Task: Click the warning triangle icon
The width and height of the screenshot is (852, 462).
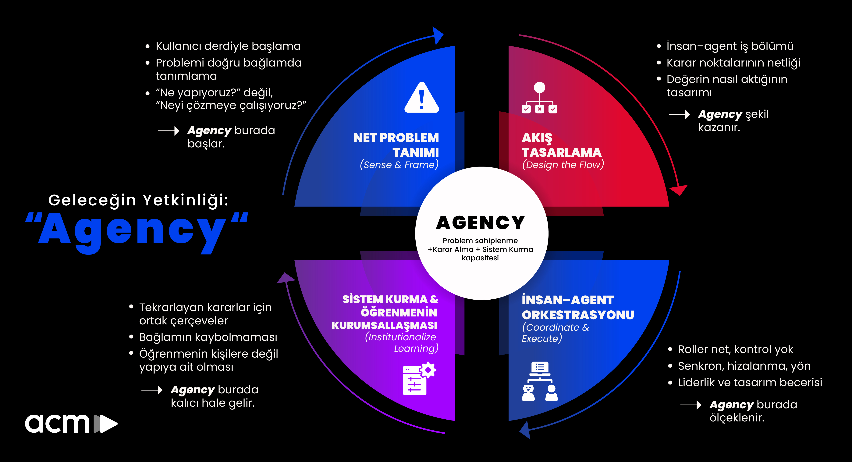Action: click(421, 98)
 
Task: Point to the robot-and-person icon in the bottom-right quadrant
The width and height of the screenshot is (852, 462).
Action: click(540, 381)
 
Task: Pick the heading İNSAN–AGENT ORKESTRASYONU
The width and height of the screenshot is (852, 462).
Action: click(577, 307)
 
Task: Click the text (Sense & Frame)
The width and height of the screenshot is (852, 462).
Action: click(399, 164)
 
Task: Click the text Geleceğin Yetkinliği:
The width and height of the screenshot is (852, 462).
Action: click(138, 200)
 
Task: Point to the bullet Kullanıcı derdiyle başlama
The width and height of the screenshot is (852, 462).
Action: click(228, 46)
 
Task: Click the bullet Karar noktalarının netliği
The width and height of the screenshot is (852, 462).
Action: click(733, 63)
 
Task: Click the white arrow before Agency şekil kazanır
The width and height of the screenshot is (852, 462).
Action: click(679, 114)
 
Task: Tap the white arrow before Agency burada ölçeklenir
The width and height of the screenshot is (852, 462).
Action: click(691, 405)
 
